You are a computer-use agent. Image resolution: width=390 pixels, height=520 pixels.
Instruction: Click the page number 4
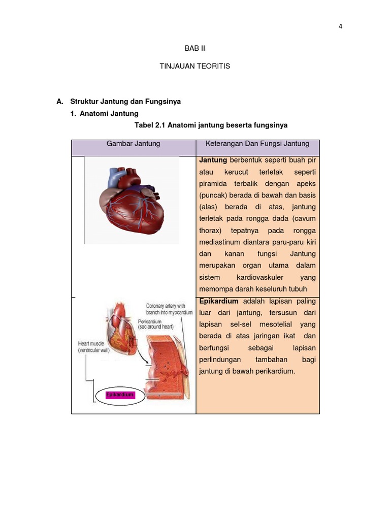340,27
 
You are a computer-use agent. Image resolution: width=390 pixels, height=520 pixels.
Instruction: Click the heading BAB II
194,48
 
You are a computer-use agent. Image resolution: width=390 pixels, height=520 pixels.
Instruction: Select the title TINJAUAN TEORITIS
195,66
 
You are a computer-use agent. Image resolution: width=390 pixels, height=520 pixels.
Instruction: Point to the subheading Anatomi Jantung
109,114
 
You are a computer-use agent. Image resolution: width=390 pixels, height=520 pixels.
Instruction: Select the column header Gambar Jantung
133,144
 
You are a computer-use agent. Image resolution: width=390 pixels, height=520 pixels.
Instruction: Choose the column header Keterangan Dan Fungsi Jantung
257,144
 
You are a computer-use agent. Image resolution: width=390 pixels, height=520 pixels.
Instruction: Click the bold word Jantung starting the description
213,160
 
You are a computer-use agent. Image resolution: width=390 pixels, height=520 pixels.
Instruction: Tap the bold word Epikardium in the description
219,301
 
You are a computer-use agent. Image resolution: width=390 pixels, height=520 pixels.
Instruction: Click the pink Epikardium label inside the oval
120,395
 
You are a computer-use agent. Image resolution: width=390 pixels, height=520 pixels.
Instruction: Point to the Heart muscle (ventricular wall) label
100,347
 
